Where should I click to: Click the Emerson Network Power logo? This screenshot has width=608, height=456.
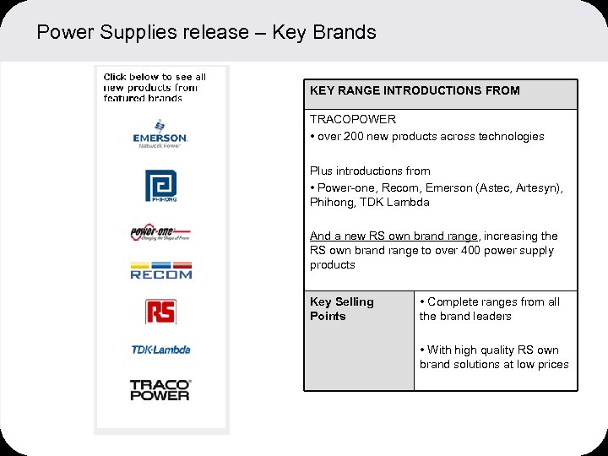tap(160, 134)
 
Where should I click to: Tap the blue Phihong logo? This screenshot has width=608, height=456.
tap(160, 186)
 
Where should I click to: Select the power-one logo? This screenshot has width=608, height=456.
tap(160, 233)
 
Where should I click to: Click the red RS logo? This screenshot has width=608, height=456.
tap(160, 311)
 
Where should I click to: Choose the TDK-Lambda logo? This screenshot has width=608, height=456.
tap(160, 350)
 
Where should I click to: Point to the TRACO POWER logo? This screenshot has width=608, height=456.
tap(160, 389)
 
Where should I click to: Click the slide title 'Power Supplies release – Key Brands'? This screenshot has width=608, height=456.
tap(206, 33)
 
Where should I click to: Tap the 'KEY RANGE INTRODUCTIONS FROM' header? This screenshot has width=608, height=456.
tap(415, 90)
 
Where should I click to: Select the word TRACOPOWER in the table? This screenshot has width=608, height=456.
tap(352, 119)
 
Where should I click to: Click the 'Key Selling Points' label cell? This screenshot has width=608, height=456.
tap(341, 309)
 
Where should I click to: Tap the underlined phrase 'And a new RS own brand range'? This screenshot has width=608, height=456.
tap(394, 236)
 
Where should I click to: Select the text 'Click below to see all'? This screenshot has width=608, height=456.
tap(155, 77)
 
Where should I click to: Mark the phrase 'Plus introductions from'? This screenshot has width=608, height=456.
tap(370, 171)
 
